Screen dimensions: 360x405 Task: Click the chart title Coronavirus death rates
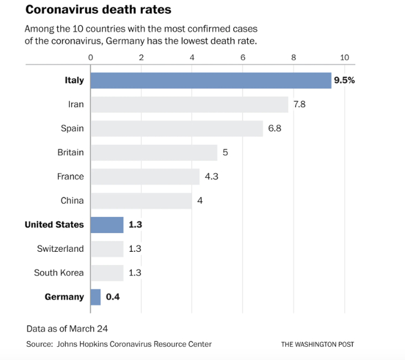click(98, 10)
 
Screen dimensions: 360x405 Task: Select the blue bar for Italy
click(210, 80)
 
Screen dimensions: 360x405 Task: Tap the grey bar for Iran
click(189, 104)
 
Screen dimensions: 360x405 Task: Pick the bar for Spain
click(176, 128)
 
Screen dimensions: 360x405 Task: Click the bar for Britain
click(153, 153)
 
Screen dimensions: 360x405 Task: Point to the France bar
click(144, 177)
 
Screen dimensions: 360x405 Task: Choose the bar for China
click(141, 201)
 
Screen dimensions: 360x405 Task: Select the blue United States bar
click(106, 225)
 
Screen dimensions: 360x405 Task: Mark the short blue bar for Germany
click(95, 297)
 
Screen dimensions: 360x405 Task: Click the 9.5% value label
click(344, 80)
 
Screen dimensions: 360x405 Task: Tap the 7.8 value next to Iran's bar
click(299, 104)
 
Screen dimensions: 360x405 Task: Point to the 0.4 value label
click(113, 297)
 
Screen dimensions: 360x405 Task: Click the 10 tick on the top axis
click(345, 57)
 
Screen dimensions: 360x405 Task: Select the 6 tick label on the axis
click(243, 57)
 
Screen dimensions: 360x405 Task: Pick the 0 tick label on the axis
click(90, 57)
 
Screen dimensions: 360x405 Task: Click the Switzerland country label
click(60, 249)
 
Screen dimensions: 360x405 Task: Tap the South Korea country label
click(58, 273)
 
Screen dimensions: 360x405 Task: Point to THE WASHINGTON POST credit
click(318, 344)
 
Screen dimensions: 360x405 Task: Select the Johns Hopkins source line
click(119, 344)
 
